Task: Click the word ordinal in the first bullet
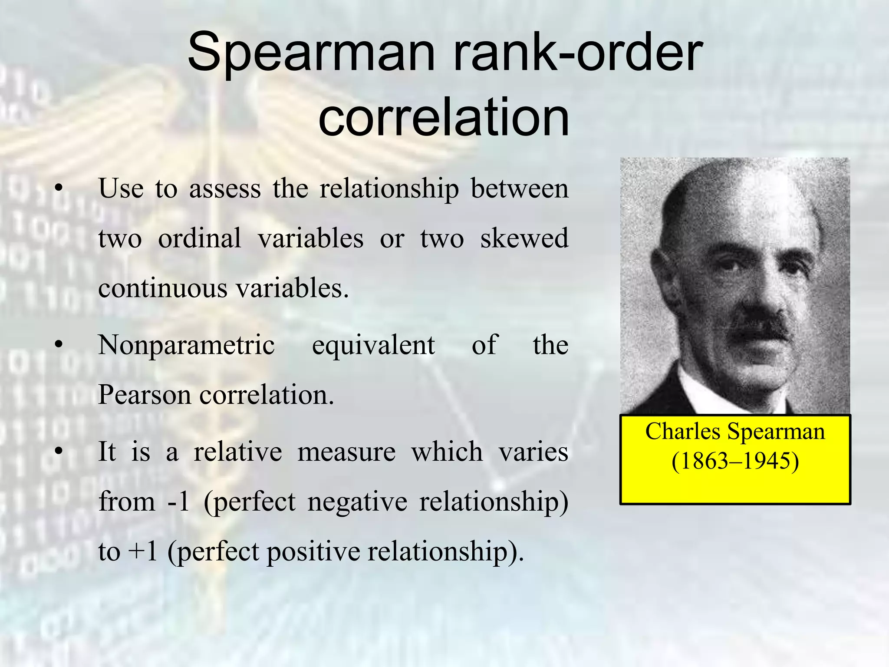pos(199,238)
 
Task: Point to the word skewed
pos(524,238)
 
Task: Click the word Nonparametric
pos(187,345)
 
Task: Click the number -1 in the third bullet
pos(178,501)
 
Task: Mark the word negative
pos(357,502)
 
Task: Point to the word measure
pos(346,452)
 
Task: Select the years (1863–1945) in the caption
pos(735,461)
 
